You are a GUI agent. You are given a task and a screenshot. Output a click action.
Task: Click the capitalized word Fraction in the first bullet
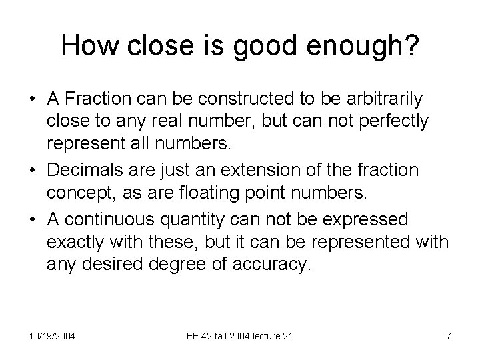coord(103,99)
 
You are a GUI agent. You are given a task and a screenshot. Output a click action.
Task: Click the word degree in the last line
coord(187,265)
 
